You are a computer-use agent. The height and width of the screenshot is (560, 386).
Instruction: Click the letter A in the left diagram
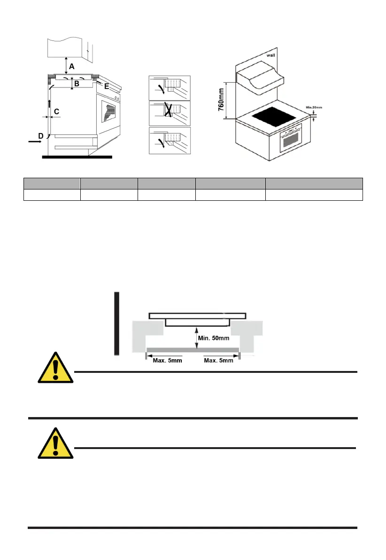[71, 67]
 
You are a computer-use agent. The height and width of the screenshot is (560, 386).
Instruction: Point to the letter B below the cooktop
[77, 84]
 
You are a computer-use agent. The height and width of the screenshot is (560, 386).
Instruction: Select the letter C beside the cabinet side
[56, 111]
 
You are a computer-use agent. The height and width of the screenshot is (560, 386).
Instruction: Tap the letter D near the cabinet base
[41, 136]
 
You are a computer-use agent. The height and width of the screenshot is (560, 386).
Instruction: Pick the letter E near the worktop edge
[106, 86]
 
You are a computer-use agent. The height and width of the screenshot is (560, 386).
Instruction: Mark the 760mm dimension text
[222, 100]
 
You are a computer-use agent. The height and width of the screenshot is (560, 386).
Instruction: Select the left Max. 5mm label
[168, 361]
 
